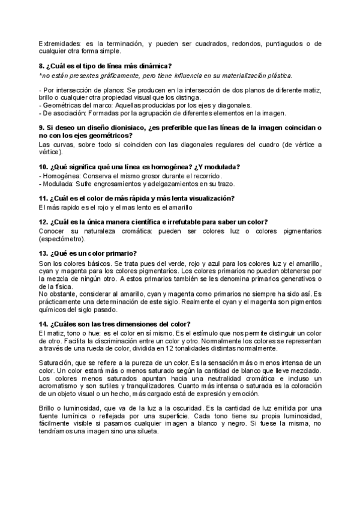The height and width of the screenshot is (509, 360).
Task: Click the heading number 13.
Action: pyautogui.click(x=42, y=253)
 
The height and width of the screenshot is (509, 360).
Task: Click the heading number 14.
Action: pyautogui.click(x=42, y=324)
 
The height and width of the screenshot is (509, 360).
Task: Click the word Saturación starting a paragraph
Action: pyautogui.click(x=55, y=363)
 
